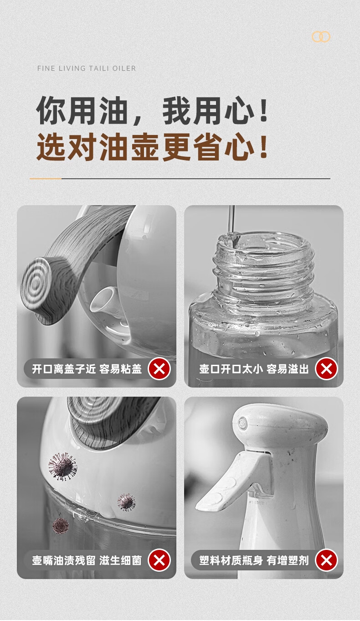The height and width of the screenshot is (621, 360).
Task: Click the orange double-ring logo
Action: point(321,36)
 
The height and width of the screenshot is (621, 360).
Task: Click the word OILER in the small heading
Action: point(124,68)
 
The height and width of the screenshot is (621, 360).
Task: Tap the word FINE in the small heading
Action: point(46,68)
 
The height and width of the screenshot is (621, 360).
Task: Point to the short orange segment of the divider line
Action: point(46,179)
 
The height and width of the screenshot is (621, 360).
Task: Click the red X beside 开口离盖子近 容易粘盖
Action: point(159,369)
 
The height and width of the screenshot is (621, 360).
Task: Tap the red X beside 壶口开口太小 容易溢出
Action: point(326,369)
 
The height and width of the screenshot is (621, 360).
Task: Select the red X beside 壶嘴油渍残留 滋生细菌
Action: point(159,560)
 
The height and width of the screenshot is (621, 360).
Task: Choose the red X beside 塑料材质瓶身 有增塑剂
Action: point(326,560)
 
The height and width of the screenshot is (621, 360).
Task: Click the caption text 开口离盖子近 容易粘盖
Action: point(87,369)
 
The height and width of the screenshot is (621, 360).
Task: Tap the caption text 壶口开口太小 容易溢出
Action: point(254,369)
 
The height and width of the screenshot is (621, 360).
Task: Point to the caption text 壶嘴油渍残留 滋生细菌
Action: point(87,560)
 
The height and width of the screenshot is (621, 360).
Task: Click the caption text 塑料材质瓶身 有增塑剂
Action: point(254,560)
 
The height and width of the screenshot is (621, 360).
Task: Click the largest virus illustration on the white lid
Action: point(63,466)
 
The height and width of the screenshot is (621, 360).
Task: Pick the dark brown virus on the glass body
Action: point(61,525)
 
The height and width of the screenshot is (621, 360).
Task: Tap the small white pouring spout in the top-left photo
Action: point(104,300)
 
